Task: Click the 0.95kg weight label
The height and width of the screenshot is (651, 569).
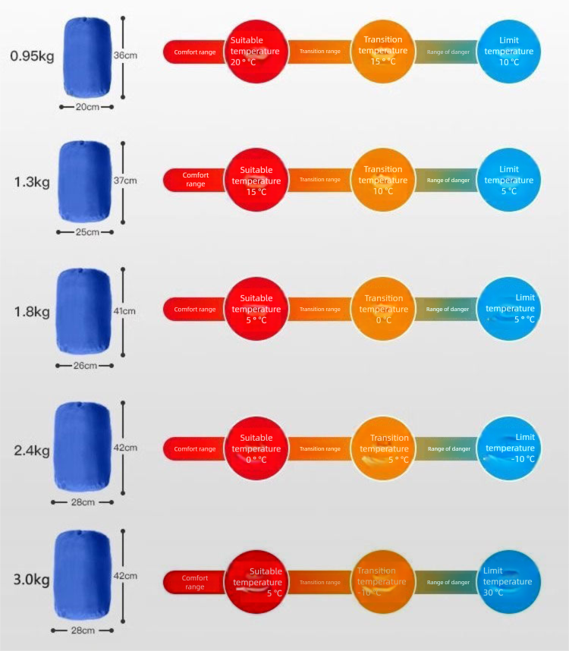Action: click(x=32, y=56)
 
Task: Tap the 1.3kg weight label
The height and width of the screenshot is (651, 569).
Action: click(x=32, y=182)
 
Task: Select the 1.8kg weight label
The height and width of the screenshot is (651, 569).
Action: click(x=32, y=312)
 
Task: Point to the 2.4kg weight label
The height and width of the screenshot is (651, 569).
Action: click(x=32, y=451)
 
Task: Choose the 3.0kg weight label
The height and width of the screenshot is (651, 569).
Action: click(x=32, y=581)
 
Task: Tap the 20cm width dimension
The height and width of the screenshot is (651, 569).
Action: click(x=87, y=107)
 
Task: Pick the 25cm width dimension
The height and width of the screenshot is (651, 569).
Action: click(x=86, y=232)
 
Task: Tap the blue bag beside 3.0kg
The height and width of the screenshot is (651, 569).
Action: click(x=83, y=575)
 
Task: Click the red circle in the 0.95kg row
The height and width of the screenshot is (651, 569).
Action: click(x=256, y=52)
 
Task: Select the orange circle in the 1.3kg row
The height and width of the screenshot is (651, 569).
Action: click(x=382, y=180)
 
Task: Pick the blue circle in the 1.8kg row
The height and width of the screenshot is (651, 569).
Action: click(x=508, y=309)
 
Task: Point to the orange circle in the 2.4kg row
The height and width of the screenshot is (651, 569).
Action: click(x=382, y=448)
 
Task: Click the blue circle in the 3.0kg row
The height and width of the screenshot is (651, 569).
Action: click(x=508, y=582)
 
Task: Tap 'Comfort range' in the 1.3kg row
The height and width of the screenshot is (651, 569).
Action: click(x=195, y=180)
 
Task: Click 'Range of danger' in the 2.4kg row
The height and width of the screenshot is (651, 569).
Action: click(x=448, y=448)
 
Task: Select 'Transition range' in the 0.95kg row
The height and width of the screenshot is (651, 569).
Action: click(x=320, y=52)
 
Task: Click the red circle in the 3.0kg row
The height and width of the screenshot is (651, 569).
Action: click(x=256, y=582)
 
